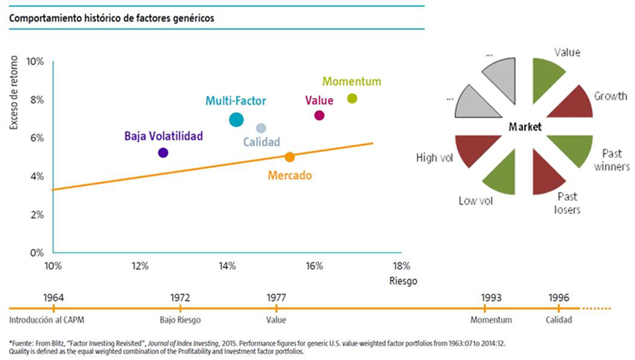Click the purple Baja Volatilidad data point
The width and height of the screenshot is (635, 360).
[163, 152]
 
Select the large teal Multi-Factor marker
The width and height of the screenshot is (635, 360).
[236, 120]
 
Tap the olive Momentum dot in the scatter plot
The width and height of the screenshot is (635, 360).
[353, 99]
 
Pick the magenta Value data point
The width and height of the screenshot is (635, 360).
[319, 115]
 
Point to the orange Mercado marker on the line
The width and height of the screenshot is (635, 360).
[290, 157]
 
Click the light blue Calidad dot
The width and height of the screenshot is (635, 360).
[261, 128]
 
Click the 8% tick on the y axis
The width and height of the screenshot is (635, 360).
[36, 99]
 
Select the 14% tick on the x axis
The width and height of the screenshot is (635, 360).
[227, 267]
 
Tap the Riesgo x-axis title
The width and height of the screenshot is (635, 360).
[401, 282]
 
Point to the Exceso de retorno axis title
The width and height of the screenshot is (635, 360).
[14, 95]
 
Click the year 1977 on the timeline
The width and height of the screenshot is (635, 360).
[276, 296]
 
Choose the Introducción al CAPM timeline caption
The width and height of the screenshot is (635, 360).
[43, 320]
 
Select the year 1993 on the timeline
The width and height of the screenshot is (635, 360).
[491, 296]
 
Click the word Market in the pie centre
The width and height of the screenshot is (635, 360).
[524, 127]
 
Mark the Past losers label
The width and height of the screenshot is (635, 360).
[569, 202]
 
